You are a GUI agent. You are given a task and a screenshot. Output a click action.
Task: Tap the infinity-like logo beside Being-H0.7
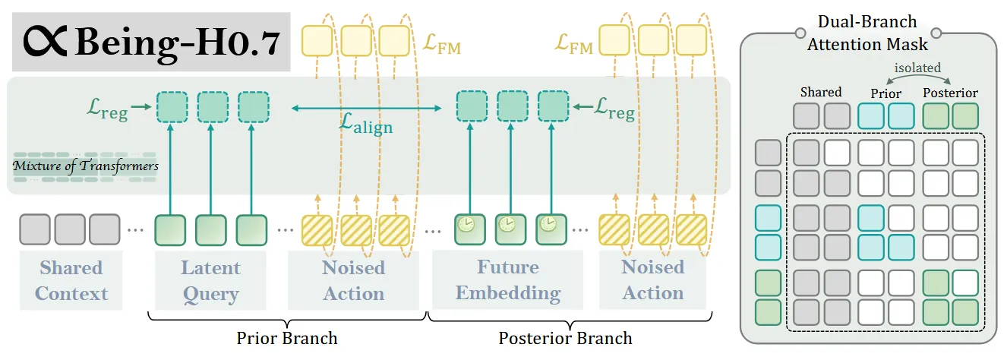click(x=45, y=41)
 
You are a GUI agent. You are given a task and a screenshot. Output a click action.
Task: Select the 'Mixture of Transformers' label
click(x=85, y=166)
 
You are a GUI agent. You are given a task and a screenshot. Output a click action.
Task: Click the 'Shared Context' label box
click(x=71, y=280)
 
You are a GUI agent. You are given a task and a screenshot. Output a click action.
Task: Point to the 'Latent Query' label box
click(x=210, y=280)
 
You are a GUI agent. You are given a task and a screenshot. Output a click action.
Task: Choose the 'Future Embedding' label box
click(x=507, y=279)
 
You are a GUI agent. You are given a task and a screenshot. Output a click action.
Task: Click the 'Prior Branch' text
click(x=287, y=338)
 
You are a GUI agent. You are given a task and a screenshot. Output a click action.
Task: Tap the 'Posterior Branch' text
click(x=565, y=338)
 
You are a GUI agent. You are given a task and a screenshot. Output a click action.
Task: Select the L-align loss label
click(x=365, y=124)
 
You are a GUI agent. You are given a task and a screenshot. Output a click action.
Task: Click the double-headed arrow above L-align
click(x=366, y=108)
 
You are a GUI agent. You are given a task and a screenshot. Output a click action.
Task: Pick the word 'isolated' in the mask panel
click(x=917, y=68)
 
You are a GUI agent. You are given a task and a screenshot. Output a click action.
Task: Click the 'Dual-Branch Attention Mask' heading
click(x=867, y=33)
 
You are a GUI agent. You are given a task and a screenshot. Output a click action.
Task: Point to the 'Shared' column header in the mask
click(x=821, y=92)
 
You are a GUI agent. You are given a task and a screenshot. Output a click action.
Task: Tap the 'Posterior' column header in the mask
click(x=950, y=93)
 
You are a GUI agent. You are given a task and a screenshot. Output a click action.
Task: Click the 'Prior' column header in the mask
click(x=885, y=93)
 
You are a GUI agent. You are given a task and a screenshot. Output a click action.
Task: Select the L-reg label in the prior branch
click(x=107, y=109)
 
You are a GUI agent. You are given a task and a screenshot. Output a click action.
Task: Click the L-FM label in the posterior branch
click(x=573, y=44)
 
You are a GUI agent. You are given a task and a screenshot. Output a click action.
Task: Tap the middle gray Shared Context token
click(x=70, y=229)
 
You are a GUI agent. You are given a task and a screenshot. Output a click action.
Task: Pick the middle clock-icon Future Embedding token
click(x=510, y=229)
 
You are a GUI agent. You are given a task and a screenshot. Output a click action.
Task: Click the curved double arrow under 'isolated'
click(x=918, y=76)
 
